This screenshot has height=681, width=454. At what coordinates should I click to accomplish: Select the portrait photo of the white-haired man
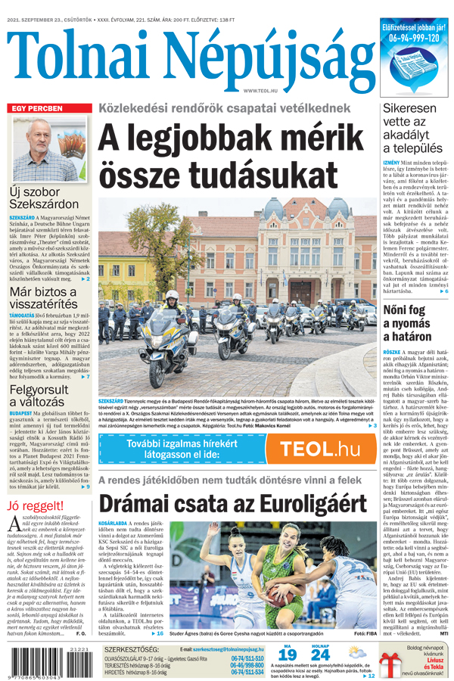coord(49,147)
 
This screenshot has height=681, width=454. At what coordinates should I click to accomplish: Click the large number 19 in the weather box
coord(286,655)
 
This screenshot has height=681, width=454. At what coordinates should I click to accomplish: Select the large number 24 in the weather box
coord(319,655)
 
